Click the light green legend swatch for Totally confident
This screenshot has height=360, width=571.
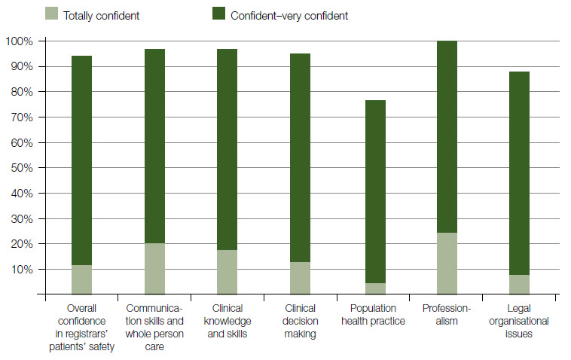(52, 14)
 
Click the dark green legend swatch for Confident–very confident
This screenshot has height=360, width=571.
(220, 14)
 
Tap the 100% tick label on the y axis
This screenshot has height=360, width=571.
(20, 41)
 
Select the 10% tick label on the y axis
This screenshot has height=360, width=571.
(22, 270)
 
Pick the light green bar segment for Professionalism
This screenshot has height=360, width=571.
(447, 264)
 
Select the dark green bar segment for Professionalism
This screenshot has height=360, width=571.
(447, 136)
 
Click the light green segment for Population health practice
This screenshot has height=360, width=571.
(374, 288)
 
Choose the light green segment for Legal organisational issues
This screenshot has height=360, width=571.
(520, 285)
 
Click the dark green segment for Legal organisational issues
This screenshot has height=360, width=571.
(520, 173)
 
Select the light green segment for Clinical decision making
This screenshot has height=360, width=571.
(300, 278)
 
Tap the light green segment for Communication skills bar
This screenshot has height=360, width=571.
(154, 269)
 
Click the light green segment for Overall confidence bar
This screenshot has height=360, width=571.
(81, 279)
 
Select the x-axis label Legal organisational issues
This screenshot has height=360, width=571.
(520, 321)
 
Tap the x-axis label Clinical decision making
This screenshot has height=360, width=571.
(300, 321)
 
